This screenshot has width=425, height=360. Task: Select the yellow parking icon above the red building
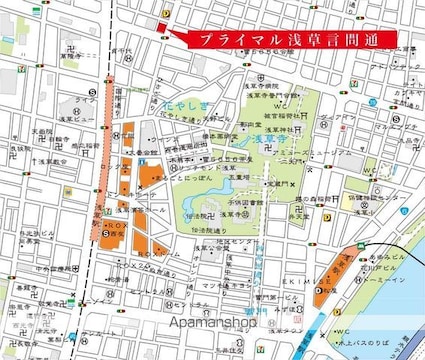click(164, 8)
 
